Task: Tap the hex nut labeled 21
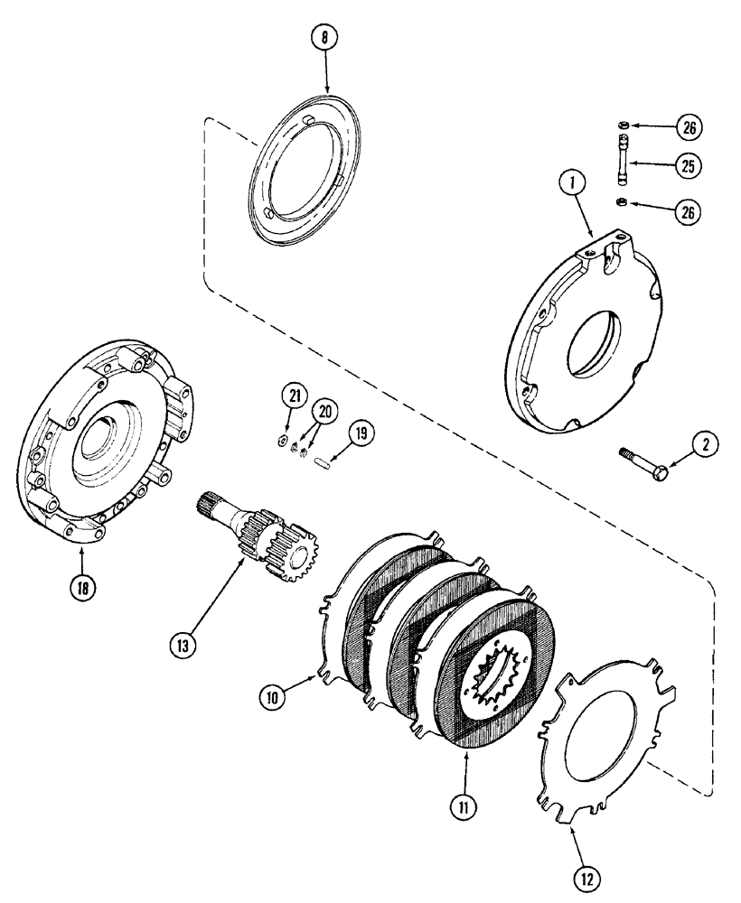[x=280, y=442]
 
